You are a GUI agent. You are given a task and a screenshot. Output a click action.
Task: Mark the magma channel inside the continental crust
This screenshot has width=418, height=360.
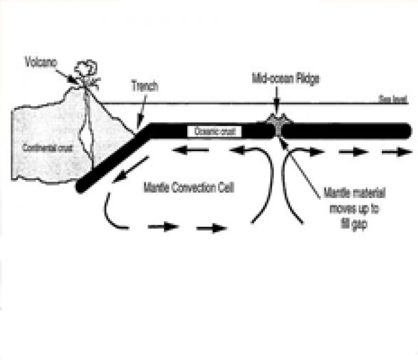pyautogui.click(x=86, y=131)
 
